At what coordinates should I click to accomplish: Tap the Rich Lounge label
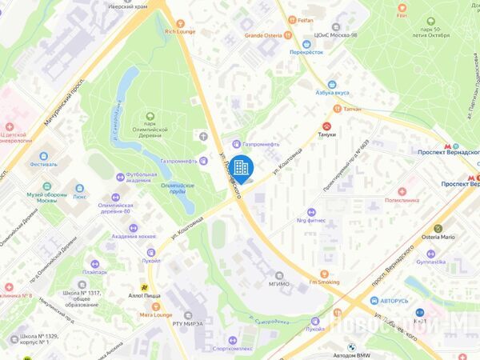click(180, 32)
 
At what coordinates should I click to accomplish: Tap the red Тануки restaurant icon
click(326, 126)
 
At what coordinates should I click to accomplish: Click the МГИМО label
click(279, 283)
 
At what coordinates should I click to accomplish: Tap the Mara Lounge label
click(155, 314)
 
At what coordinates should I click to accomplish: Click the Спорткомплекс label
click(233, 348)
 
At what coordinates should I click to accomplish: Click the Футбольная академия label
click(132, 178)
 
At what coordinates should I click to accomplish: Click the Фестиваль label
click(43, 164)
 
